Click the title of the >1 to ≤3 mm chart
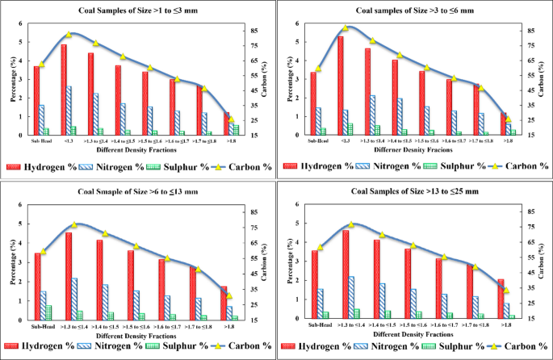[134, 10]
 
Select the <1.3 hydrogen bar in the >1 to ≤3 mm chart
[64, 89]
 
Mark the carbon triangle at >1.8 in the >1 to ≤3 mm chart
[232, 119]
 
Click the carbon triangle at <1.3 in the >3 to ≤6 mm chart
[346, 28]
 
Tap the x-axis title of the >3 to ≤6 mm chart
[413, 151]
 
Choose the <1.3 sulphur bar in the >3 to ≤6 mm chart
[351, 129]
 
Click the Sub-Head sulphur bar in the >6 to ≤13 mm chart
[49, 312]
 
